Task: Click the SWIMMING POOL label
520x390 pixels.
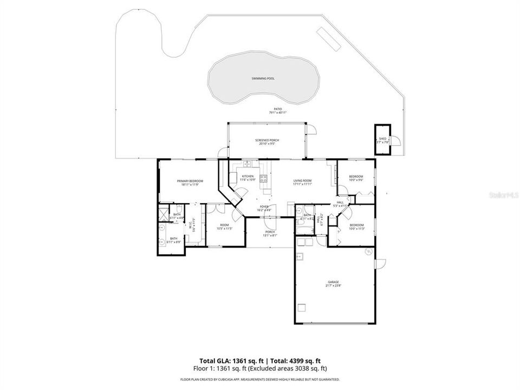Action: coord(263,79)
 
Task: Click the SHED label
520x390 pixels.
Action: coord(382,139)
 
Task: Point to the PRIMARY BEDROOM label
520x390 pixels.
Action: coord(190,181)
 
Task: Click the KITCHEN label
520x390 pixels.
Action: coord(248,177)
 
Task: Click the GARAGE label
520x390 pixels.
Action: coord(333,282)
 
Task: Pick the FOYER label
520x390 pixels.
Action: coord(264,206)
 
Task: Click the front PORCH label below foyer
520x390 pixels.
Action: coord(270,232)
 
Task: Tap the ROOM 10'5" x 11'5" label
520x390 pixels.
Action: coord(224,225)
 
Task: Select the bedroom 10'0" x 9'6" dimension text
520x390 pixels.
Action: coord(356,180)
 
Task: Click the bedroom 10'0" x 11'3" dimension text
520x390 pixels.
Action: coord(356,229)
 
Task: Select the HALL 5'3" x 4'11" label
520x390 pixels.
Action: coord(340,203)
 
